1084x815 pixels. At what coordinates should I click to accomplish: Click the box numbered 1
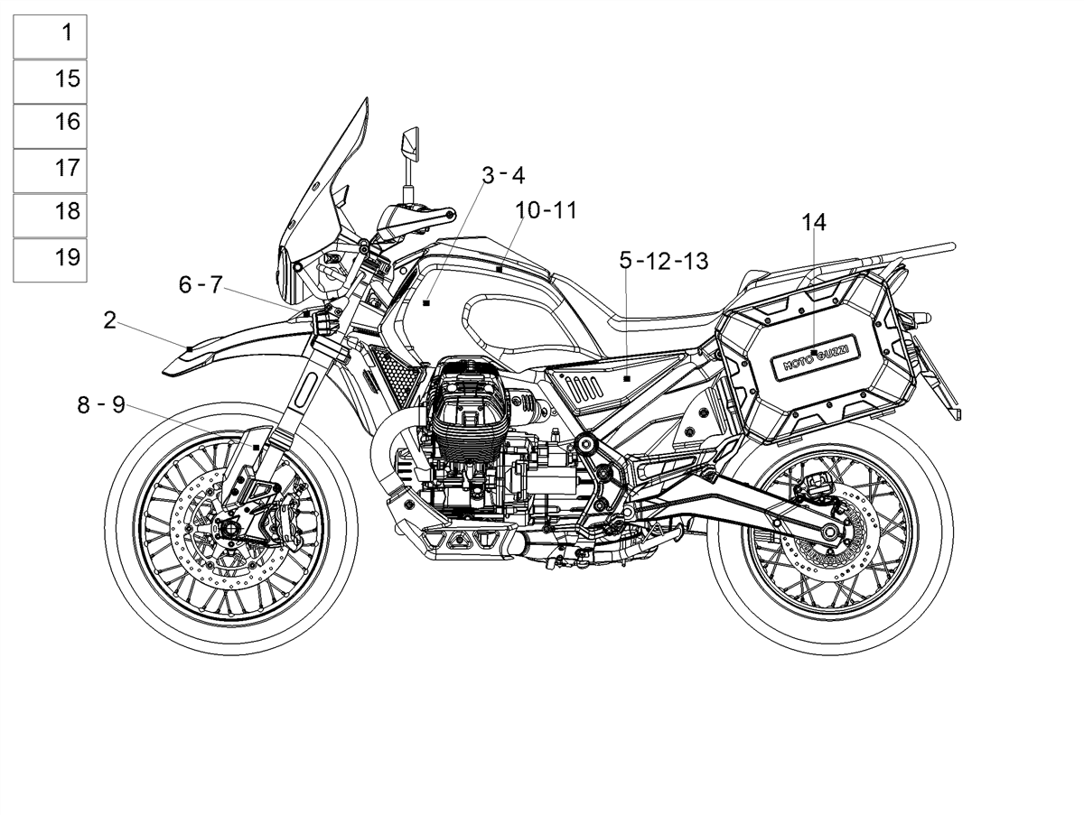50,36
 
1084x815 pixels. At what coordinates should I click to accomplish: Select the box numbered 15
50,82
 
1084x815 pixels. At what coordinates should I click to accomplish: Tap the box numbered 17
50,171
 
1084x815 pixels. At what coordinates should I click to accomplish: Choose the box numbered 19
50,261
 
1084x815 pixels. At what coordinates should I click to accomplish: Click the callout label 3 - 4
503,175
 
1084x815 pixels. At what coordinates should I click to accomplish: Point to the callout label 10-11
546,210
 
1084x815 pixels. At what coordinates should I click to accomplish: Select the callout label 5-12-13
664,261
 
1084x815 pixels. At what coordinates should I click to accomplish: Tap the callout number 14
813,223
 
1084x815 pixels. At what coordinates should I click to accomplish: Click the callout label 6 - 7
201,284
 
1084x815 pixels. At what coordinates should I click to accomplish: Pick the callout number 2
109,320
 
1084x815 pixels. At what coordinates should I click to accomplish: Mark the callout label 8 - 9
101,405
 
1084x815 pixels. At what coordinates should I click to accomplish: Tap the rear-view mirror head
410,144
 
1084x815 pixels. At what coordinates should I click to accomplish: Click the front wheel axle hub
230,530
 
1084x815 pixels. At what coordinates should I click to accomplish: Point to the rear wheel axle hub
828,532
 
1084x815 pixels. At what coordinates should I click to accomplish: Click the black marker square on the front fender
190,349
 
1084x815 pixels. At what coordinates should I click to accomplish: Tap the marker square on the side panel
627,379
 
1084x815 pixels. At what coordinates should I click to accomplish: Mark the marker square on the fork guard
256,448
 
